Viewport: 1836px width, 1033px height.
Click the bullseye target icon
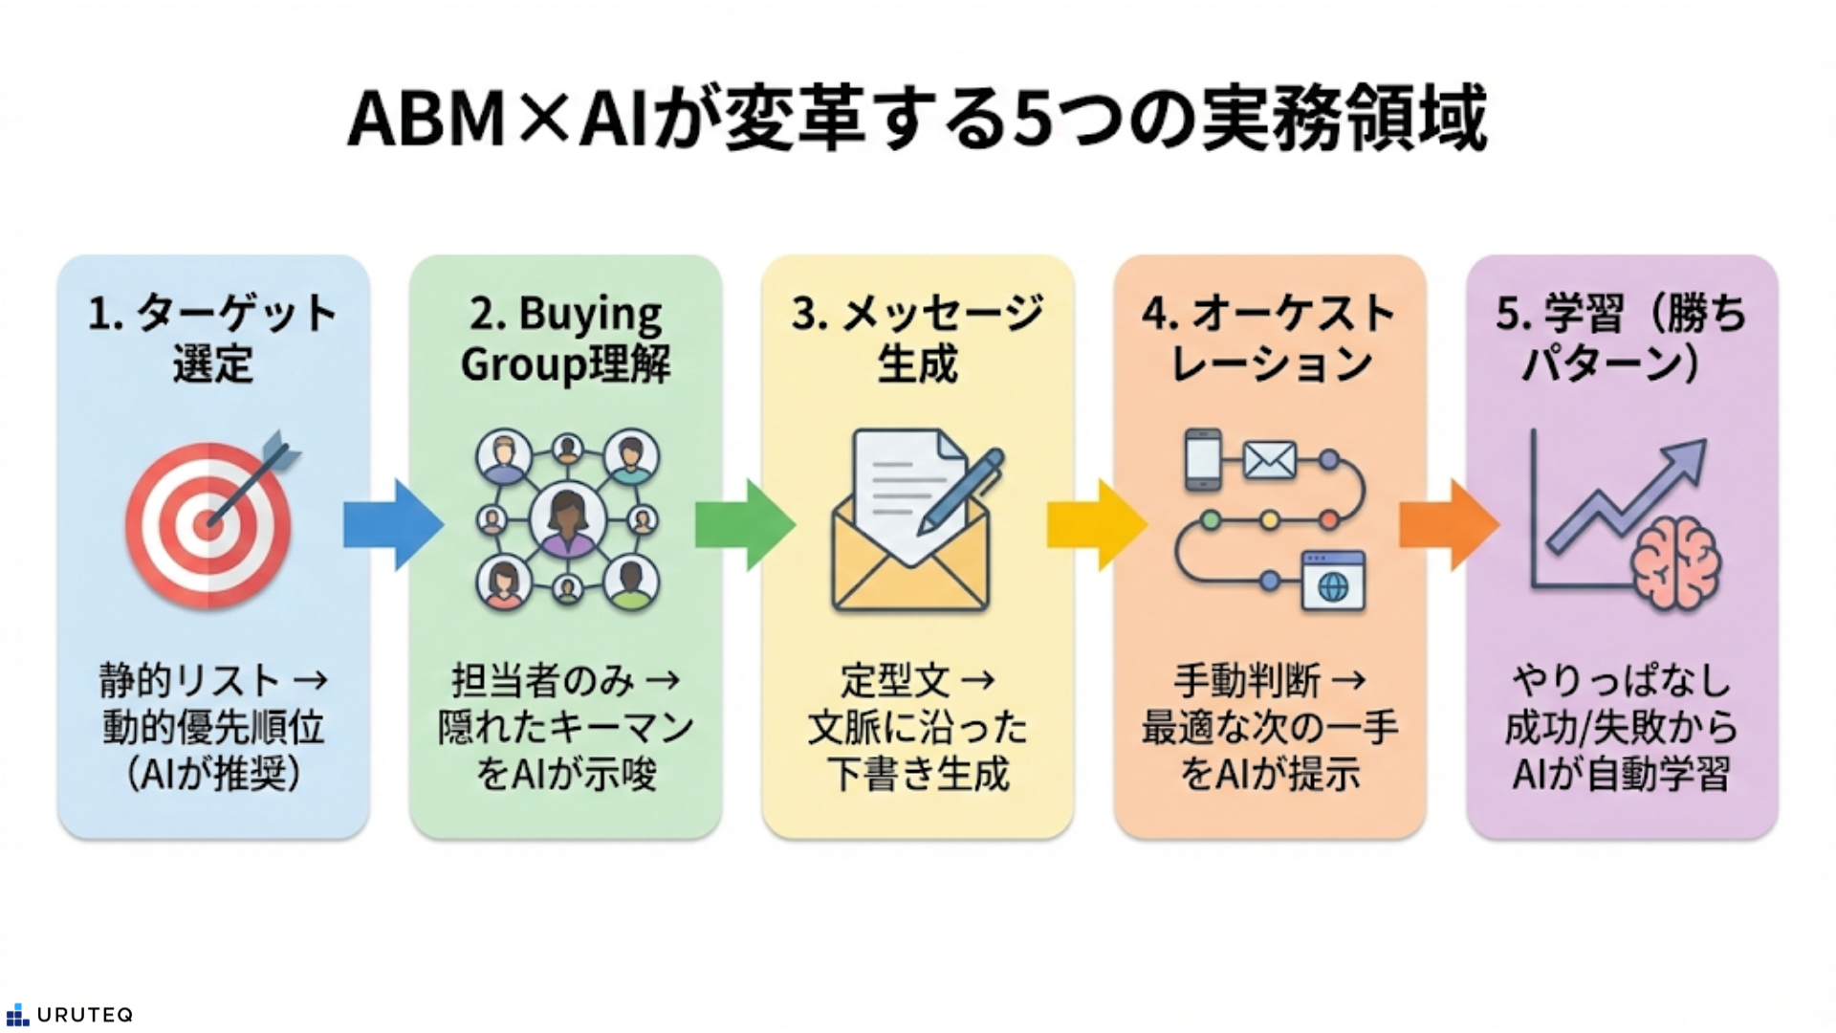click(208, 524)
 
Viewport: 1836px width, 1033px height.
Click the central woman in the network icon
click(568, 520)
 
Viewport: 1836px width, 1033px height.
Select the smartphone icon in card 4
click(1203, 460)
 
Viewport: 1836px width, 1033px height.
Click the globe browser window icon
click(1333, 581)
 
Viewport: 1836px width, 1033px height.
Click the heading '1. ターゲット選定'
click(212, 339)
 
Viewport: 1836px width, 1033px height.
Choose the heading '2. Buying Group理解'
click(565, 339)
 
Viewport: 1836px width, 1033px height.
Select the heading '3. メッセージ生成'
click(917, 339)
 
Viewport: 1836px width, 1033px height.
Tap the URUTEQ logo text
click(84, 1015)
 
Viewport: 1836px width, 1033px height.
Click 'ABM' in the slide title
click(426, 120)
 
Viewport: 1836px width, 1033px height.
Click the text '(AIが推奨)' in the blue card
click(213, 774)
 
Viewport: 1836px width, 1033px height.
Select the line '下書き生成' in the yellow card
click(917, 774)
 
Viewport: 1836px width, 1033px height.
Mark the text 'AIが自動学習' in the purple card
click(1622, 774)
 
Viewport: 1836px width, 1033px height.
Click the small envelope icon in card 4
click(1270, 461)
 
